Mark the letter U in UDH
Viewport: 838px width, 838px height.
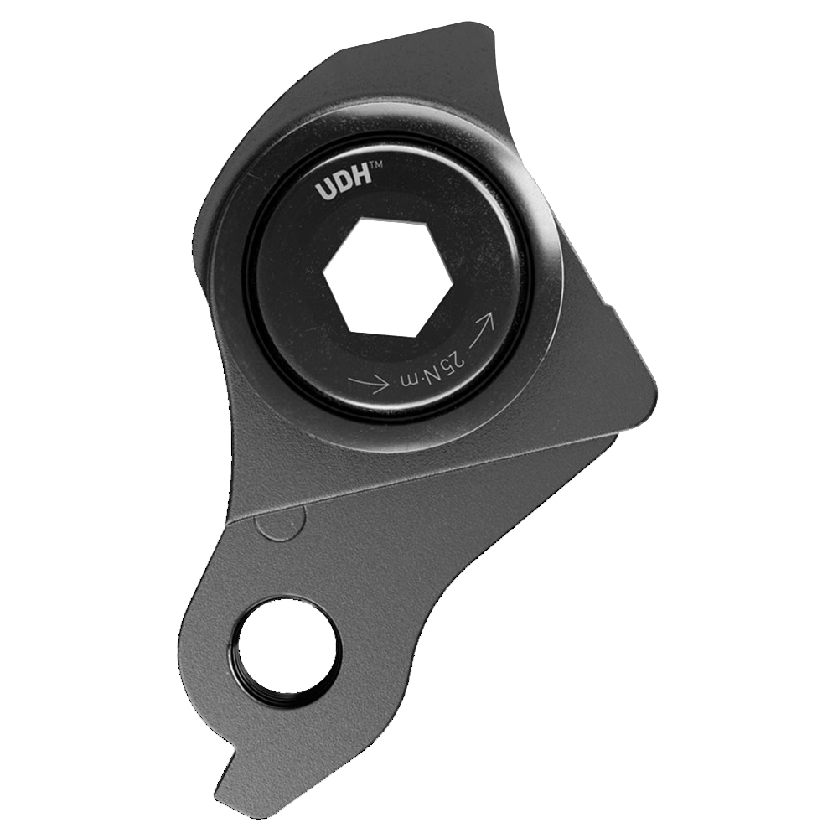pyautogui.click(x=324, y=192)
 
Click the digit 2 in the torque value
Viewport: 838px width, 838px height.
pyautogui.click(x=458, y=360)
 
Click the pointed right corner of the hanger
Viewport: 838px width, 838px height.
pyautogui.click(x=656, y=394)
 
